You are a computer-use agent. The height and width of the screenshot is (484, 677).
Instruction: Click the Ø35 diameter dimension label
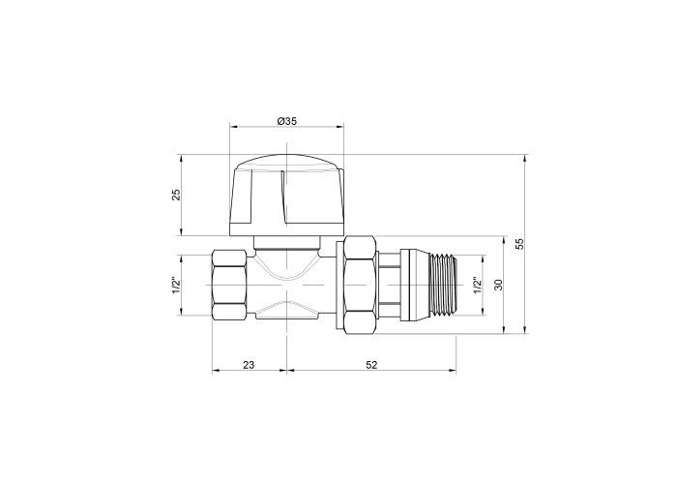pyautogui.click(x=286, y=121)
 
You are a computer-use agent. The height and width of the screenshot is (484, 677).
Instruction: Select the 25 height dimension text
pyautogui.click(x=176, y=195)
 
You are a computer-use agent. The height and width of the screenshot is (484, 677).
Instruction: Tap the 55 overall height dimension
pyautogui.click(x=520, y=244)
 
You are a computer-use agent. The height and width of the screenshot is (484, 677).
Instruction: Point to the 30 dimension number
pyautogui.click(x=499, y=285)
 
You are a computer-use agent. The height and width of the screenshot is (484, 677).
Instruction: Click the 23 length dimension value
pyautogui.click(x=249, y=365)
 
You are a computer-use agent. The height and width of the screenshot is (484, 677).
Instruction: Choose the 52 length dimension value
pyautogui.click(x=371, y=365)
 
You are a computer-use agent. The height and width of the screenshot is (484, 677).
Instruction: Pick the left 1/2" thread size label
pyautogui.click(x=176, y=285)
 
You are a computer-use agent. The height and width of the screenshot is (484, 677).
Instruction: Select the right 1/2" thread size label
pyautogui.click(x=478, y=285)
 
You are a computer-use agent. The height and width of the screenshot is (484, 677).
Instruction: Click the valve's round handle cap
pyautogui.click(x=286, y=195)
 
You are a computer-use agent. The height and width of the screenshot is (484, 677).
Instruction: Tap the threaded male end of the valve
pyautogui.click(x=444, y=285)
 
